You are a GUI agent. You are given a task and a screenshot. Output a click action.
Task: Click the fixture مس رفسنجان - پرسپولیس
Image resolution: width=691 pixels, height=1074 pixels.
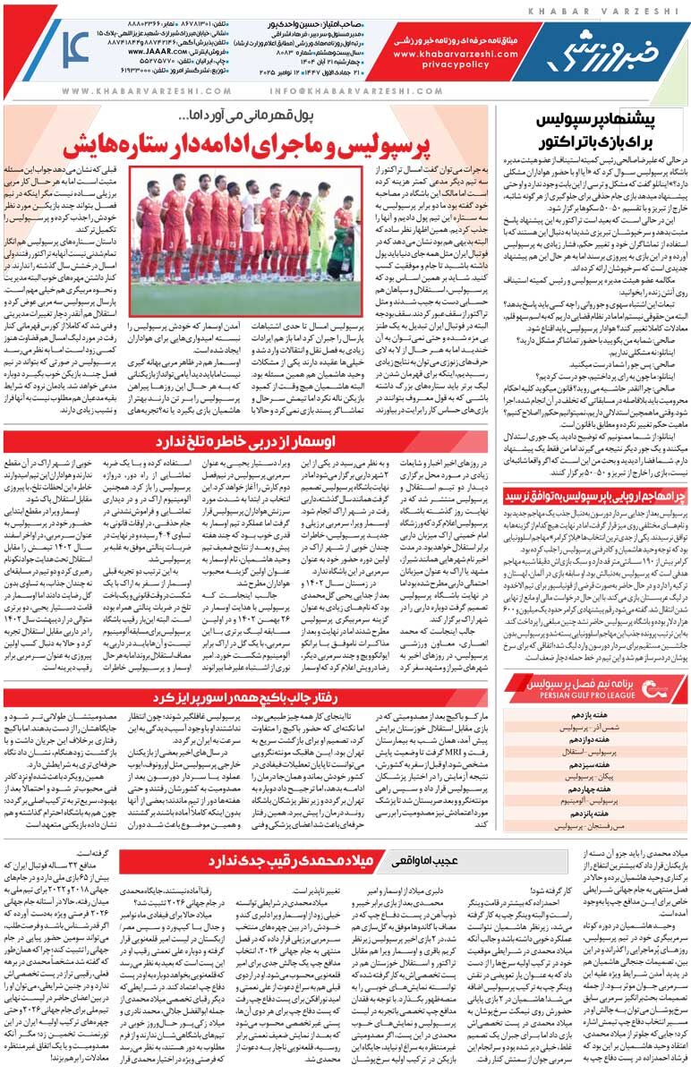click(x=593, y=827)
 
